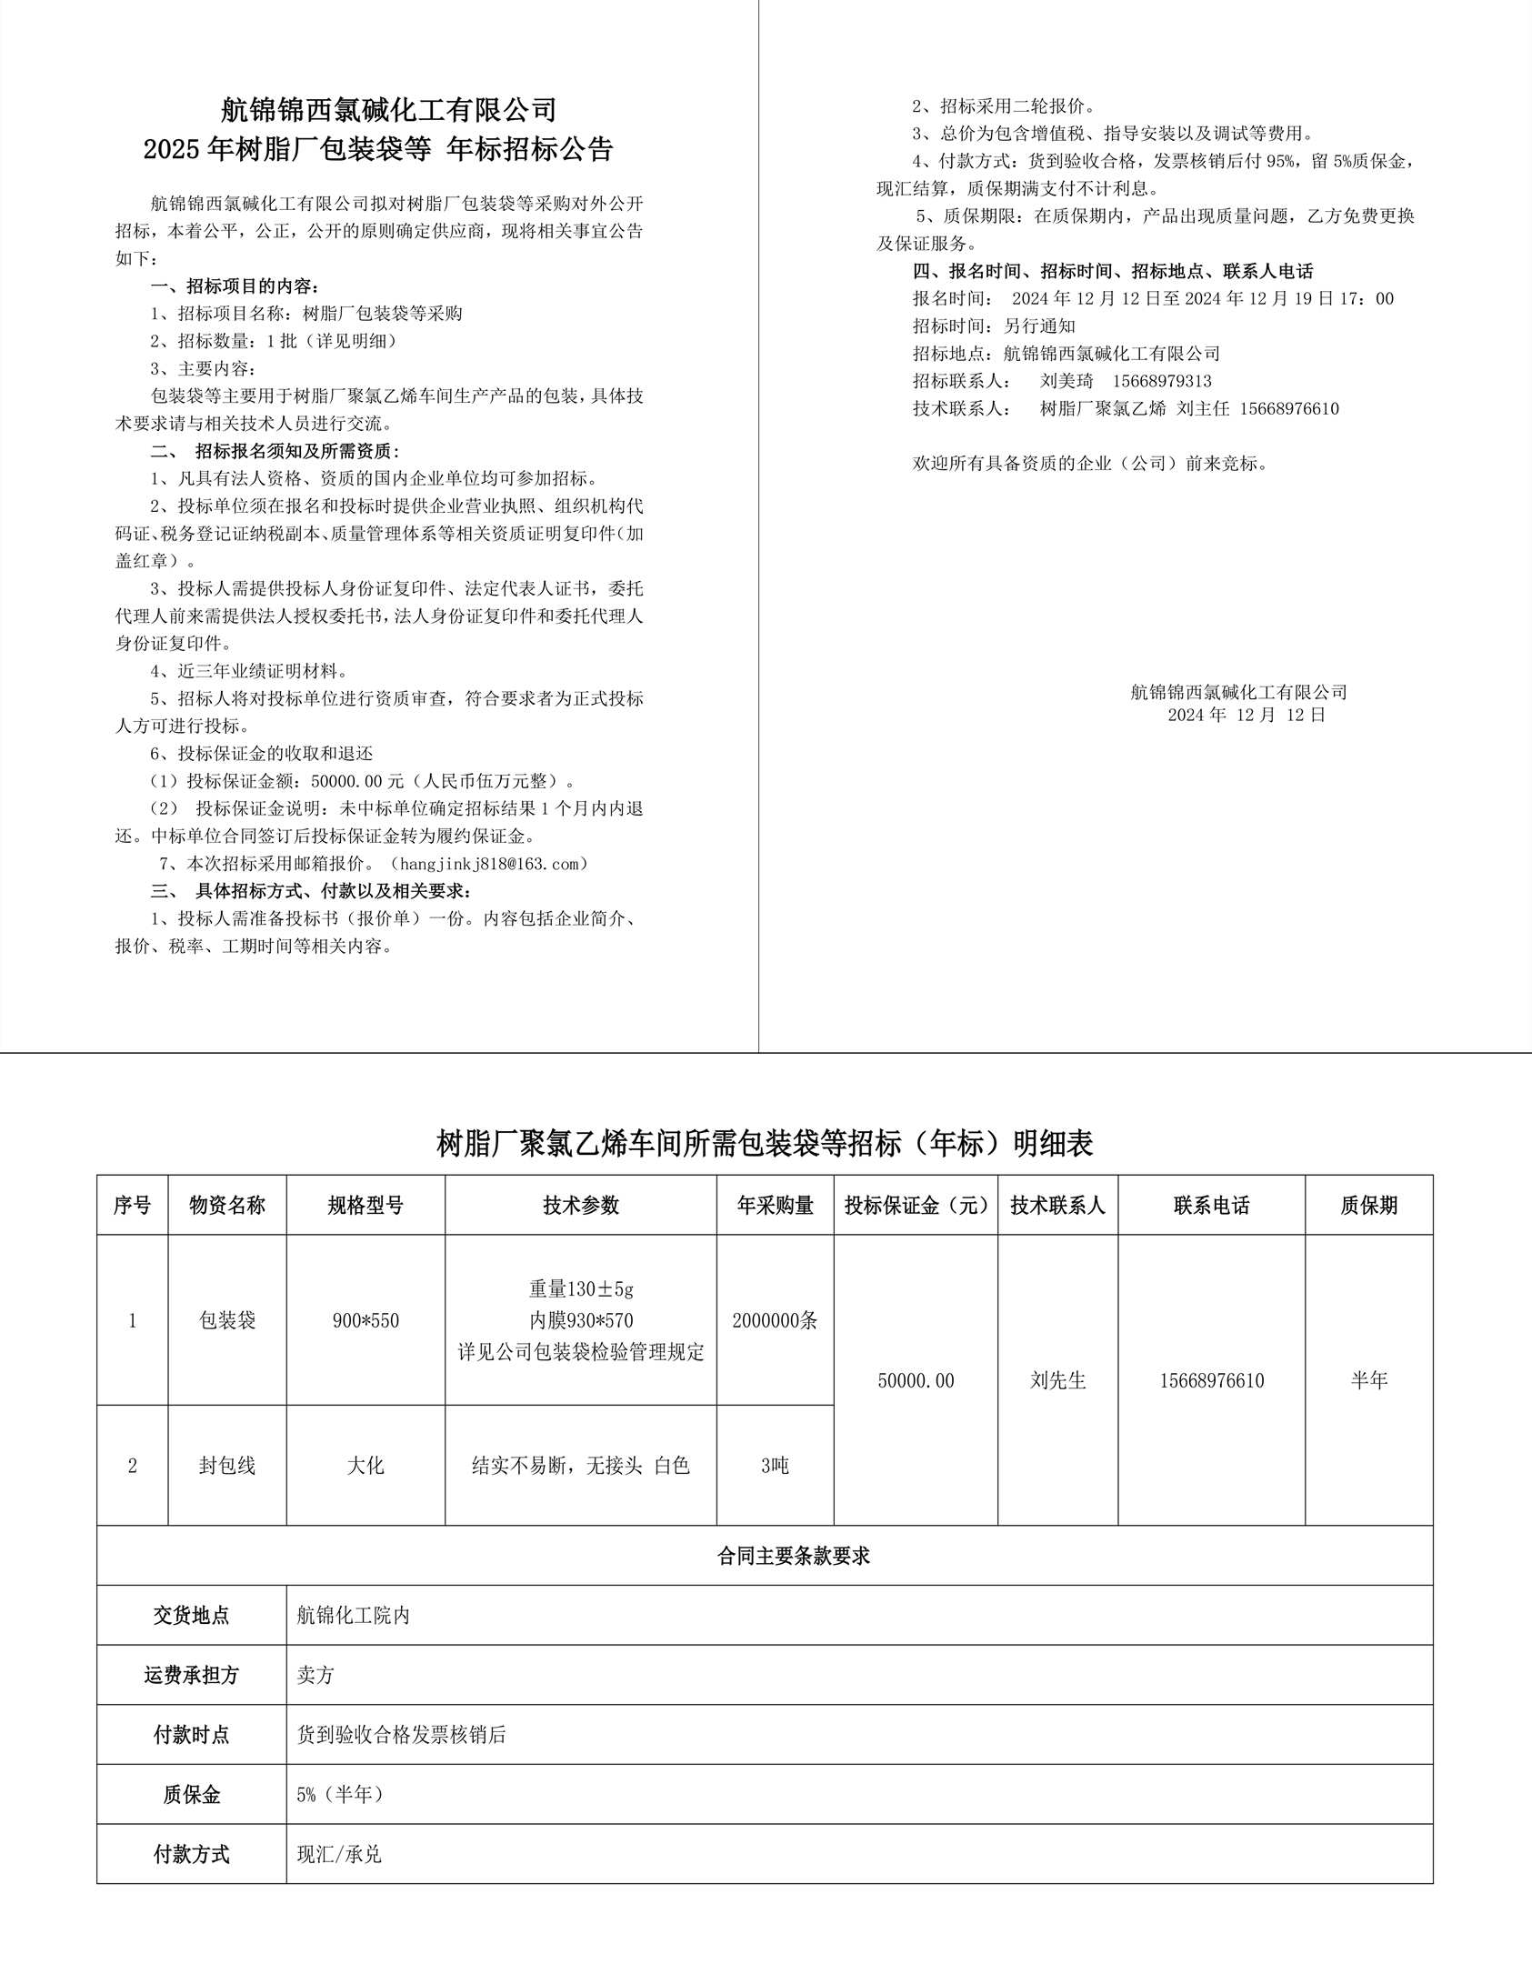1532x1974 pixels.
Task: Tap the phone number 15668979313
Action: pyautogui.click(x=1162, y=381)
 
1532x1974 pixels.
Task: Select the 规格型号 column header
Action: pyautogui.click(x=365, y=1206)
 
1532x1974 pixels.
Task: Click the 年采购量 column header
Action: pyautogui.click(x=775, y=1206)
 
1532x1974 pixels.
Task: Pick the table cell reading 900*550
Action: pyautogui.click(x=365, y=1320)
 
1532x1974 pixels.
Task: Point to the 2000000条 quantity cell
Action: pyautogui.click(x=775, y=1320)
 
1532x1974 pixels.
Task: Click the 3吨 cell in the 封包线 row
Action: pyautogui.click(x=775, y=1466)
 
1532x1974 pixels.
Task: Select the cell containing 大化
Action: pyautogui.click(x=365, y=1466)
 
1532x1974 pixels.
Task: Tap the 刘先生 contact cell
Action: pyautogui.click(x=1057, y=1380)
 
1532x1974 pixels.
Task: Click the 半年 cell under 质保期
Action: pyautogui.click(x=1368, y=1380)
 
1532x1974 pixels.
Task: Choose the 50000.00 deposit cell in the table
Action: pyautogui.click(x=916, y=1380)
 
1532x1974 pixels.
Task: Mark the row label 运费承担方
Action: pyautogui.click(x=191, y=1675)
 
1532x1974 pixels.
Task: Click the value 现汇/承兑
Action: pyautogui.click(x=339, y=1854)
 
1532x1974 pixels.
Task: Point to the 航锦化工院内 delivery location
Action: pyautogui.click(x=354, y=1615)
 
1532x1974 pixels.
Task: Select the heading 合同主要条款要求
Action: pyautogui.click(x=794, y=1556)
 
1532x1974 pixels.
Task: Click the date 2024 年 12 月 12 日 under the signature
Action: pyautogui.click(x=1247, y=716)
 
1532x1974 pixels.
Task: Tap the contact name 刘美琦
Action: pyautogui.click(x=1066, y=381)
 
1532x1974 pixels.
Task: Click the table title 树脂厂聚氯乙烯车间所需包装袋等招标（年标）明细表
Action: pyautogui.click(x=765, y=1144)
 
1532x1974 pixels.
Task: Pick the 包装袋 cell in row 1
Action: pyautogui.click(x=227, y=1320)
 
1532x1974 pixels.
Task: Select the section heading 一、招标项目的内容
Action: pyautogui.click(x=235, y=286)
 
